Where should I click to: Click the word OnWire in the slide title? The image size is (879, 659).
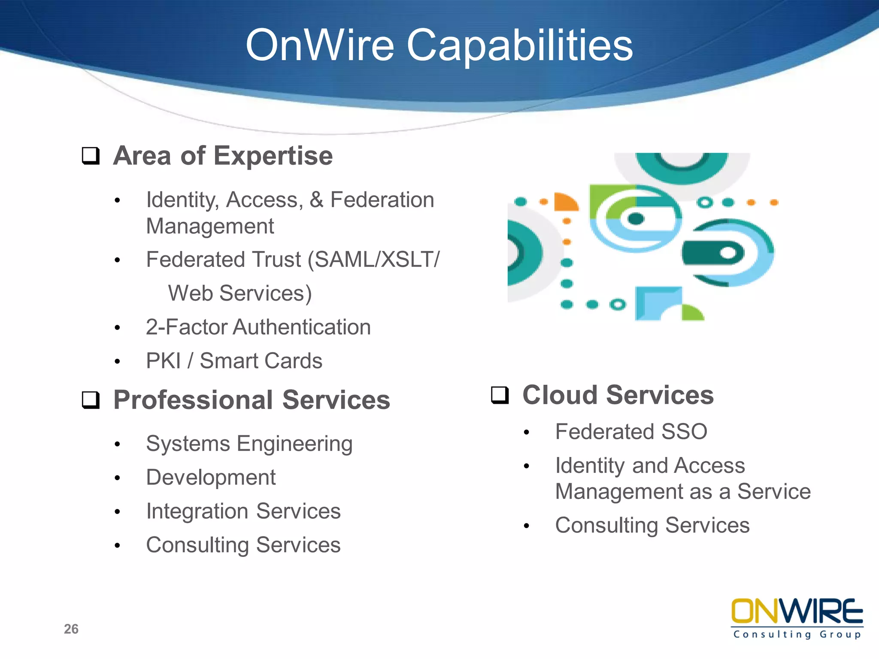coord(320,45)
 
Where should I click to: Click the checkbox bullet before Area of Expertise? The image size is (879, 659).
coord(91,156)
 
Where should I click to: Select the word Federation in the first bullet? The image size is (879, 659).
coord(382,200)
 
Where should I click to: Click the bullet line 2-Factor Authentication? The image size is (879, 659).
coord(258,327)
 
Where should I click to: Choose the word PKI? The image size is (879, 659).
coord(163,361)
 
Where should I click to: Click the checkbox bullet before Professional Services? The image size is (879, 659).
coord(91,400)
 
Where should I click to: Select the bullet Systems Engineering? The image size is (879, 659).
coord(249,444)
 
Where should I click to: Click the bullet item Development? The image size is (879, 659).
coord(211,478)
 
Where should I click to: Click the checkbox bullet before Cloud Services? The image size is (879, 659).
coord(500,395)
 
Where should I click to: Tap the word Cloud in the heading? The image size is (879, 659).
coord(560,395)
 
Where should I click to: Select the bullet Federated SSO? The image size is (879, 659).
coord(631,432)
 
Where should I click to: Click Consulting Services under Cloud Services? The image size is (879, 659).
coord(652,526)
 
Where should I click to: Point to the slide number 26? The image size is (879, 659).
coord(71,629)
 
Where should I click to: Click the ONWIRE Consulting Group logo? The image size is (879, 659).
coord(797,618)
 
